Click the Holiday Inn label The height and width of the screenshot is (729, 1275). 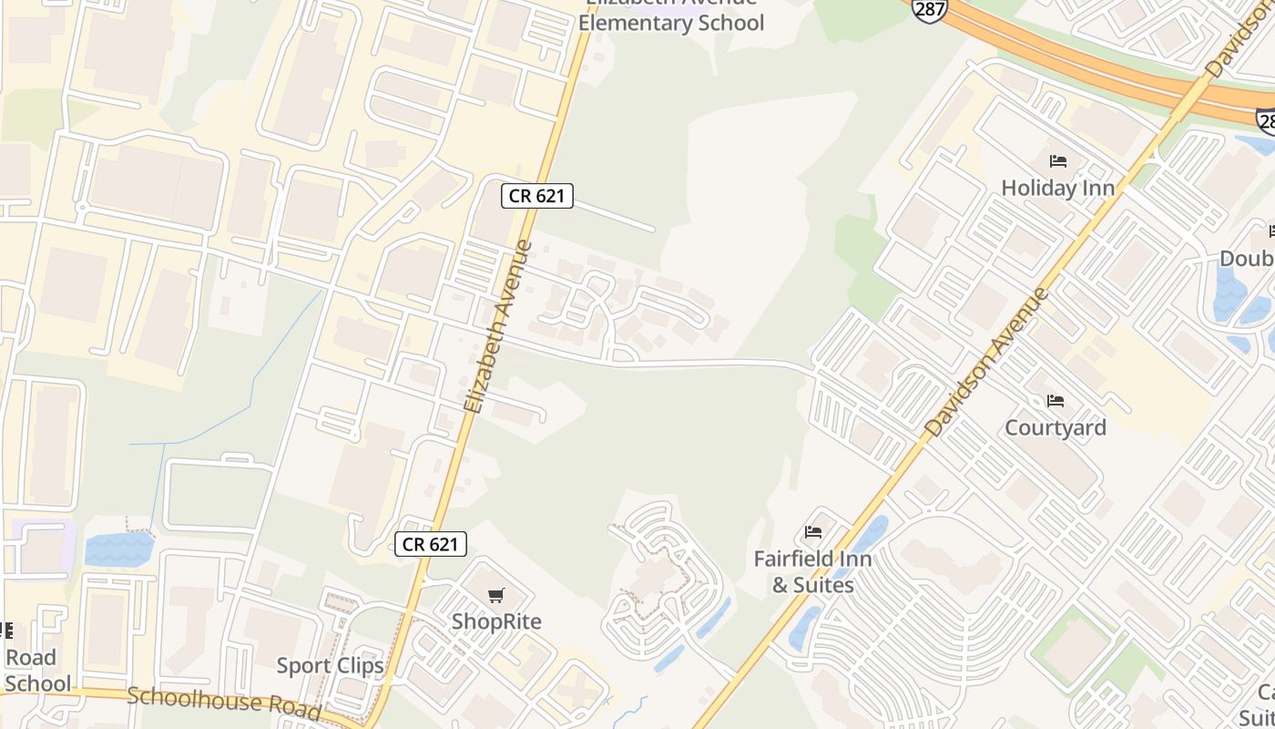tap(1057, 188)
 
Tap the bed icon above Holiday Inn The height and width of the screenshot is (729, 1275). tap(1057, 161)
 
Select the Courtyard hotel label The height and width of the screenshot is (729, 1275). tap(1055, 427)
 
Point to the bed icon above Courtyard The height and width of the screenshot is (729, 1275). tap(1055, 400)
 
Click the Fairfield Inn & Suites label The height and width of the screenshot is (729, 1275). tap(812, 571)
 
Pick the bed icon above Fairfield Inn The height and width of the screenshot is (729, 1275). tap(813, 531)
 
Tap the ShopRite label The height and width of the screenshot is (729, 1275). tap(496, 621)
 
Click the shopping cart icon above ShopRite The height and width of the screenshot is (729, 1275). tap(495, 596)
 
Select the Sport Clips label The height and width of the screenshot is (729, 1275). tap(330, 665)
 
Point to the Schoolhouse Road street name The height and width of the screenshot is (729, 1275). tap(224, 702)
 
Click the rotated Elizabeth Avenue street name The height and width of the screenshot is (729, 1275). tap(497, 326)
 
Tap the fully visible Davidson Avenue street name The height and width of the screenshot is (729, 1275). tap(986, 362)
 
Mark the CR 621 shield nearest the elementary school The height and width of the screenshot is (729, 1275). tap(536, 195)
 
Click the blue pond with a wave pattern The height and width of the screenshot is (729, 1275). tap(119, 549)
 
